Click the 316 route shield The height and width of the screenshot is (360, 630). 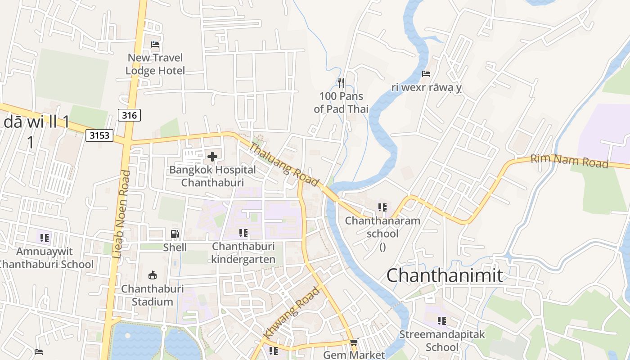click(129, 115)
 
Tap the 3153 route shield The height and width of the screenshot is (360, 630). click(99, 135)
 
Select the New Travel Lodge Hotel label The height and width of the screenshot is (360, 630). click(155, 64)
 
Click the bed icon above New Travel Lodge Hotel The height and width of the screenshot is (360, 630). click(155, 44)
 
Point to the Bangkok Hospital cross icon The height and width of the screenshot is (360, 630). click(212, 157)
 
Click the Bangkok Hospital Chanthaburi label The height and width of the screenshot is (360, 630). click(212, 176)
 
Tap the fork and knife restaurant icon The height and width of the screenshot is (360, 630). click(341, 82)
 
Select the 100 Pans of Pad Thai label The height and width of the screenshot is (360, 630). click(341, 103)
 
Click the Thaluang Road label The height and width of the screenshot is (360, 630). click(284, 165)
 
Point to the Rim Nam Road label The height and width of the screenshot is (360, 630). click(569, 161)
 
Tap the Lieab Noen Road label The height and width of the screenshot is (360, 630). click(121, 213)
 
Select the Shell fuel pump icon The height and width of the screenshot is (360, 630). click(175, 234)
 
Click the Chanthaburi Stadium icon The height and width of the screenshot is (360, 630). click(153, 275)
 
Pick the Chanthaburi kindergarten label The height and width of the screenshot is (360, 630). click(243, 253)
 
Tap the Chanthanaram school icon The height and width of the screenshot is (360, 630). click(382, 207)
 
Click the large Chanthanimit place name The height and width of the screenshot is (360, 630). click(445, 275)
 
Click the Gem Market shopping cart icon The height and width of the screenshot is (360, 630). click(354, 342)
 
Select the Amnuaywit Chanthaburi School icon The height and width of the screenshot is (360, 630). click(44, 238)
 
